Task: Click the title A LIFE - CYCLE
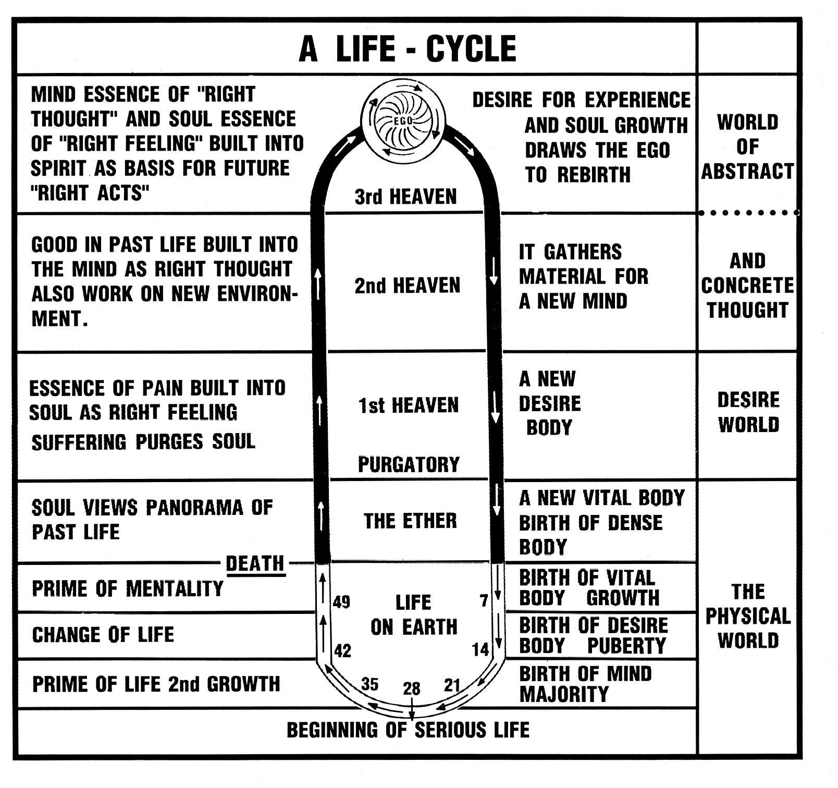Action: (x=408, y=49)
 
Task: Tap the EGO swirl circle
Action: (x=403, y=120)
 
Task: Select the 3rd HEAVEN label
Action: (x=405, y=197)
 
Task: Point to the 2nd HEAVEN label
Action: (x=408, y=286)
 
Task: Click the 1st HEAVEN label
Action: (x=408, y=405)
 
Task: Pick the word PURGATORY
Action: (x=409, y=464)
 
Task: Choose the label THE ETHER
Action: (x=410, y=521)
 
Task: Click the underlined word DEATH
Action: (x=255, y=563)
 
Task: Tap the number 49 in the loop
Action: (x=341, y=602)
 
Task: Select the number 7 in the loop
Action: (x=484, y=601)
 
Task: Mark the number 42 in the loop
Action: (x=342, y=650)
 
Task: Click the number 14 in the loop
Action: (x=480, y=649)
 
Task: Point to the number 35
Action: (x=369, y=684)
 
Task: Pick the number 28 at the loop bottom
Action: (x=411, y=689)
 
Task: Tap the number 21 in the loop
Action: (x=452, y=685)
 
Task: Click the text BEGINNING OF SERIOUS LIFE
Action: (x=408, y=730)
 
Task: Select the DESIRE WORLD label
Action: (x=748, y=412)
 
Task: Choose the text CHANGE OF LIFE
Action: (x=103, y=635)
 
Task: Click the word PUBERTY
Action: (x=626, y=646)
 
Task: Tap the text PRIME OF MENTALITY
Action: (x=128, y=589)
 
